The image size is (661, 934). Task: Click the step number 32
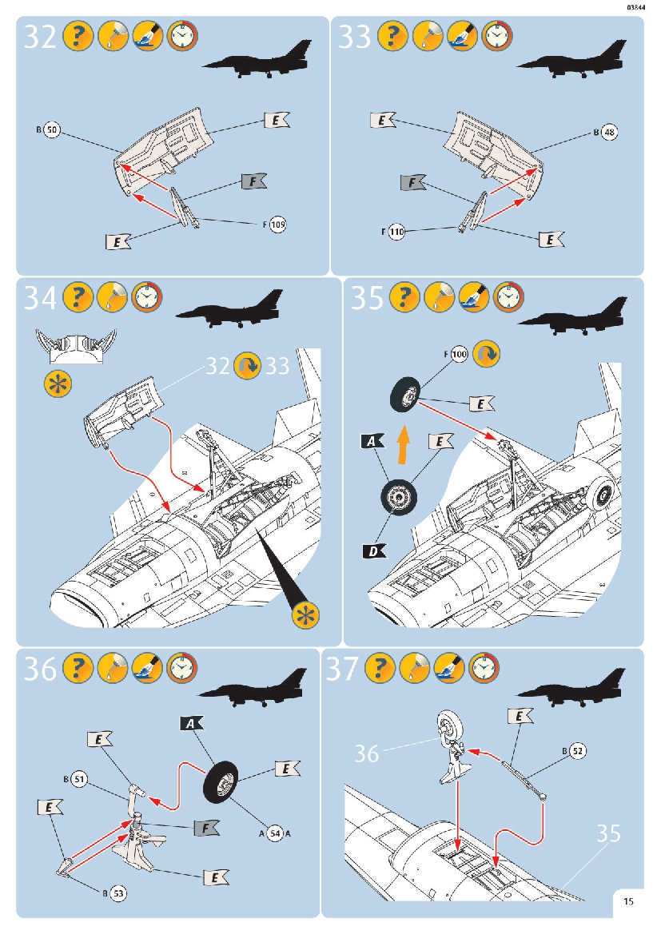[40, 38]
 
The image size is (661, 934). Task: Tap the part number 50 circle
[51, 129]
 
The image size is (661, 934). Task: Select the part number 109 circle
[277, 225]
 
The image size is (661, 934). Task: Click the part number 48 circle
[609, 133]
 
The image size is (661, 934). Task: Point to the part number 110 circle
[396, 232]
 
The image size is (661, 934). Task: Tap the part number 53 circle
[117, 891]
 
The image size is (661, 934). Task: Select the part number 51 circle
[78, 778]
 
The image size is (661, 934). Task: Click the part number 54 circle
[275, 833]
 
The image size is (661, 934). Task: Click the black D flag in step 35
[374, 550]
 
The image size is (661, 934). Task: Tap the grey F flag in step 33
[412, 183]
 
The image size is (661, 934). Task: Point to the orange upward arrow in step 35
[404, 444]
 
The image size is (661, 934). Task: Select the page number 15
[629, 902]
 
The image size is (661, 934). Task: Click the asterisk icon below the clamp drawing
[57, 383]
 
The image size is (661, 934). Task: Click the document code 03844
[637, 7]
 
